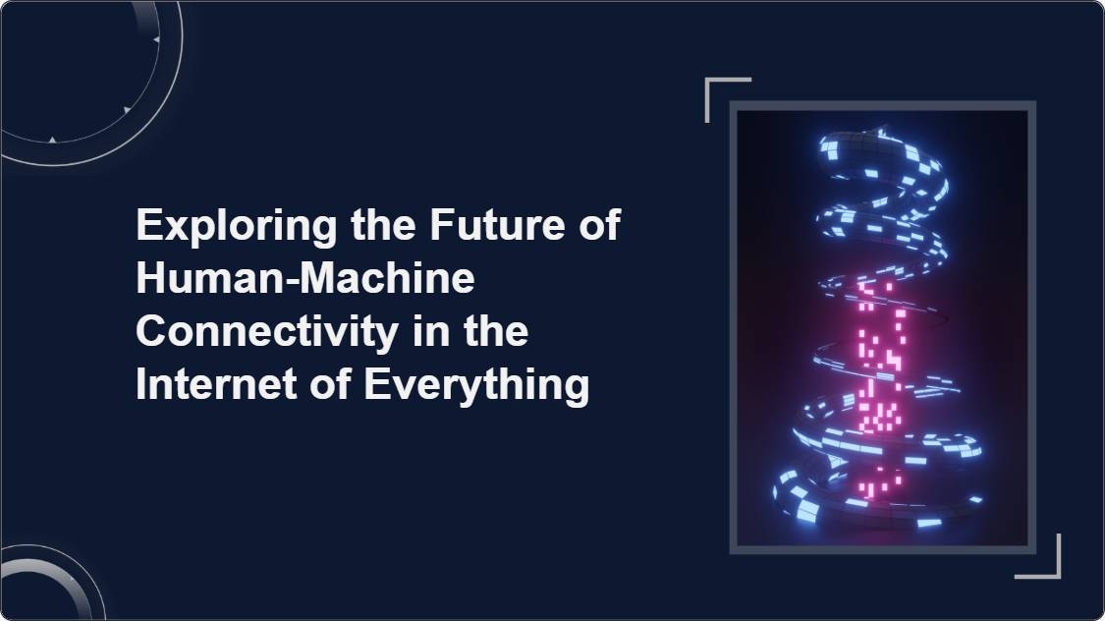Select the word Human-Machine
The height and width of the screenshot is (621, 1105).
tap(305, 278)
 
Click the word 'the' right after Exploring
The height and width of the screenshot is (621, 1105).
tap(383, 224)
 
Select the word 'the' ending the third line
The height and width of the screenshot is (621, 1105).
tap(495, 331)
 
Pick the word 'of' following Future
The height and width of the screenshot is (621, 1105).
tap(599, 224)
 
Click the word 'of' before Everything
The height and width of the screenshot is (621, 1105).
tap(330, 385)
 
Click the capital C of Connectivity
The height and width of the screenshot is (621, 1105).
tap(152, 331)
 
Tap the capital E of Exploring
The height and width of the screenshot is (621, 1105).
tap(149, 224)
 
